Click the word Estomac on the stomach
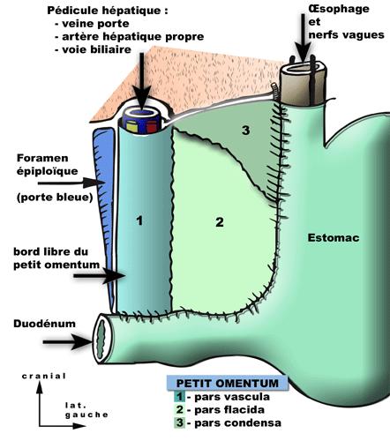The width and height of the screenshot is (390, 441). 334,237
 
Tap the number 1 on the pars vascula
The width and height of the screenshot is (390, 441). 139,220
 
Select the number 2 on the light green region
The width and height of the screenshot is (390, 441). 220,222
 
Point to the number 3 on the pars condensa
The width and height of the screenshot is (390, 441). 245,130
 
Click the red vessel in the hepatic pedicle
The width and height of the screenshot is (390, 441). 151,127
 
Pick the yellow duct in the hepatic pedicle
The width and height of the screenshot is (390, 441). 132,126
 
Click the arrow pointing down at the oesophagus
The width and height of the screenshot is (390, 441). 303,37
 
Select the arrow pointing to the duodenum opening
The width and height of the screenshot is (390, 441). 68,342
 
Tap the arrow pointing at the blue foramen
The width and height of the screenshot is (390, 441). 71,183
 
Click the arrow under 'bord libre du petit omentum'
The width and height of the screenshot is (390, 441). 100,276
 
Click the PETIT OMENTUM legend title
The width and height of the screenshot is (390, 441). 227,383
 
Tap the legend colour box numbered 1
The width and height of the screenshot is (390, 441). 179,397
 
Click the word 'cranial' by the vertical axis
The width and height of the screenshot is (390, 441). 44,376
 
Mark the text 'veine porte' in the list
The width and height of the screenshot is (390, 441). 95,24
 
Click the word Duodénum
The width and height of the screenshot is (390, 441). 44,324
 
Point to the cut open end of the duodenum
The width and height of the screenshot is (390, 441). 103,339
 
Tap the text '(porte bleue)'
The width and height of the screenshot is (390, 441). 55,197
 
